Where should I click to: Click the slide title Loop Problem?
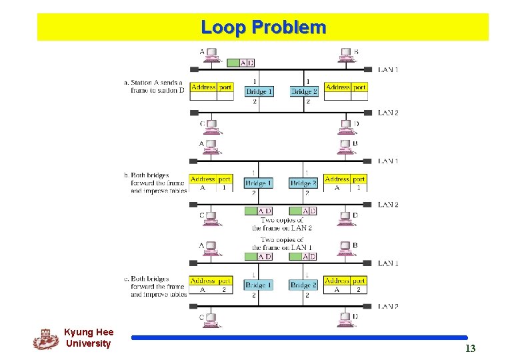coord(263,27)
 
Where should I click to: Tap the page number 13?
coord(470,349)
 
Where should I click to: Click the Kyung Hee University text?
coord(89,338)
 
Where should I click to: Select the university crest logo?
coord(45,339)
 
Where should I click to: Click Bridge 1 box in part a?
coord(259,91)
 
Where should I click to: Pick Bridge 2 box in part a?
coord(304,91)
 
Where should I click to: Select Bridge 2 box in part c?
coord(304,285)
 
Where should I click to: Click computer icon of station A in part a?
coord(213,55)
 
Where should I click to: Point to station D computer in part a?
coord(346,126)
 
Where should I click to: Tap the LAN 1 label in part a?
coord(388,69)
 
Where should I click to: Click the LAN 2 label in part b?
coord(388,205)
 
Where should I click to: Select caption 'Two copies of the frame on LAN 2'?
coord(281,224)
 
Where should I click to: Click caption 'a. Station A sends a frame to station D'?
coord(154,87)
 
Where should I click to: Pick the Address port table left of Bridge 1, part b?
coord(211,183)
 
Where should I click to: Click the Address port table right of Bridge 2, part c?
coord(345,285)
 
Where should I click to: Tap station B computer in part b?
coord(346,147)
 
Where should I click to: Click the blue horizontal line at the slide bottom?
coord(299,338)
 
